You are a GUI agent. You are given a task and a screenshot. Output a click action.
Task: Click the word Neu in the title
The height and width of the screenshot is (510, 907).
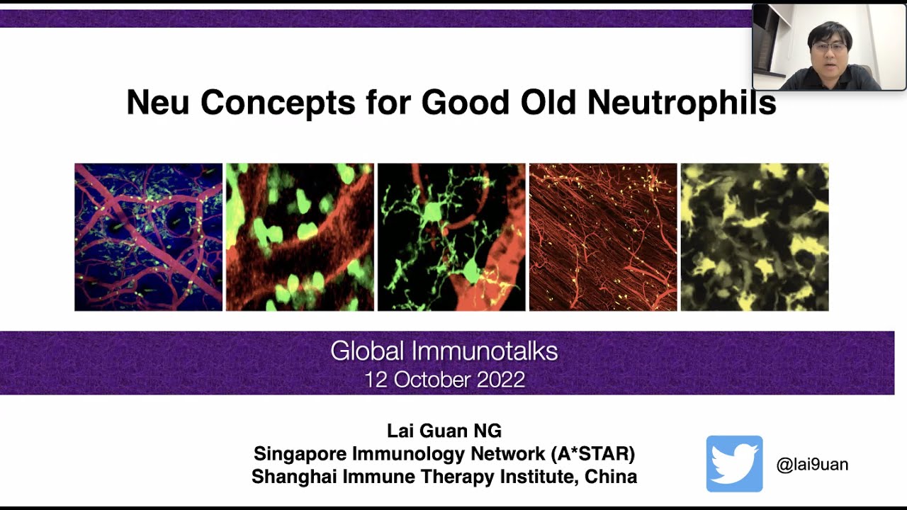coord(158,102)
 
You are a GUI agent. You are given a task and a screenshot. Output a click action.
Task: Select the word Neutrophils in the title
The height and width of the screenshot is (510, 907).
coord(682,103)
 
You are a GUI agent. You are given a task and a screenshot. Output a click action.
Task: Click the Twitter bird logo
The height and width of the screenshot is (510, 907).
coord(735,463)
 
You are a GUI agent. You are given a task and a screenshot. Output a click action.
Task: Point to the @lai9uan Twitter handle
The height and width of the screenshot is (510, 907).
coord(812,464)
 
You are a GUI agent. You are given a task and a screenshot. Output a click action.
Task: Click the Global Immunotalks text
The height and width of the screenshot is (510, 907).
coord(444,351)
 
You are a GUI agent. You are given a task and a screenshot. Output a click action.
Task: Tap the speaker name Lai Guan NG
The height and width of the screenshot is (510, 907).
coord(444,431)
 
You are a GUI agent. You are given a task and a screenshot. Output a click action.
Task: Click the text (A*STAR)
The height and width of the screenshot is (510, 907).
coord(593,454)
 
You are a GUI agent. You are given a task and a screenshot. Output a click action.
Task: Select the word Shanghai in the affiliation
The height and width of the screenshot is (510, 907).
coord(294,477)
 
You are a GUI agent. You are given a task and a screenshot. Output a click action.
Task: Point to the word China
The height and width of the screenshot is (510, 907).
coord(611,477)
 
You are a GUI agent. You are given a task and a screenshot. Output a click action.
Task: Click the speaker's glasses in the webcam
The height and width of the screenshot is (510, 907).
coord(829,47)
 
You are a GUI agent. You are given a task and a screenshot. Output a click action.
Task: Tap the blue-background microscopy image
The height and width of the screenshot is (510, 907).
coord(149,237)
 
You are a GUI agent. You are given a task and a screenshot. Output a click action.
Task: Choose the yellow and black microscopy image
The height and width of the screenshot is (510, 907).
coord(755,237)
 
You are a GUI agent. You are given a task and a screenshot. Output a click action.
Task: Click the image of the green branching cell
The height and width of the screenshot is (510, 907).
coord(451,237)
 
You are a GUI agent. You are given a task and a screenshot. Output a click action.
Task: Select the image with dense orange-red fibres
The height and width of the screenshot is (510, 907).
coord(603,237)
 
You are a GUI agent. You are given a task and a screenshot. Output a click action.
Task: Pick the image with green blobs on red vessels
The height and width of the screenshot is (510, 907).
coord(300,237)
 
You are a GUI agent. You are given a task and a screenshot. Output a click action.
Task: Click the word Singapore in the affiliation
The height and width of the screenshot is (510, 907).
coord(300,454)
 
